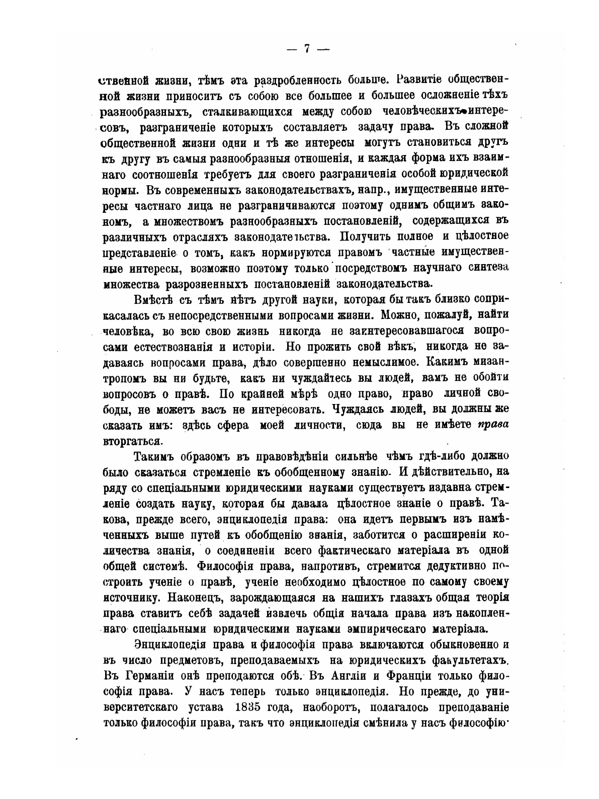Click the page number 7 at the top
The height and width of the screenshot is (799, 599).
point(307,49)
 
